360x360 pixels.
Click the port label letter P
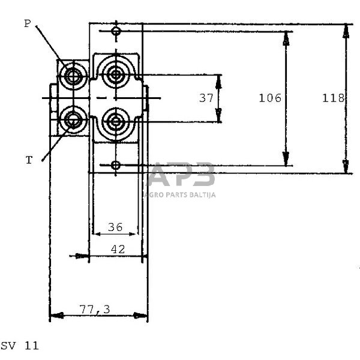click(27, 23)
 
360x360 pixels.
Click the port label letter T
click(28, 160)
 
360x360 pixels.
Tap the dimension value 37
click(206, 98)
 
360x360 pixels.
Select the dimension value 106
click(270, 98)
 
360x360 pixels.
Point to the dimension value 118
click(332, 98)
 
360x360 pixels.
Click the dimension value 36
click(115, 227)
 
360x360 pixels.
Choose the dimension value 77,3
click(94, 309)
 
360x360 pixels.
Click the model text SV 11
click(19, 346)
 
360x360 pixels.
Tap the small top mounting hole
click(116, 31)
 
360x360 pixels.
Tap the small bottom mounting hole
click(116, 165)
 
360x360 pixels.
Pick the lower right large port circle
click(115, 119)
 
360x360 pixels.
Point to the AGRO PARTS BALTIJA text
click(181, 194)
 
